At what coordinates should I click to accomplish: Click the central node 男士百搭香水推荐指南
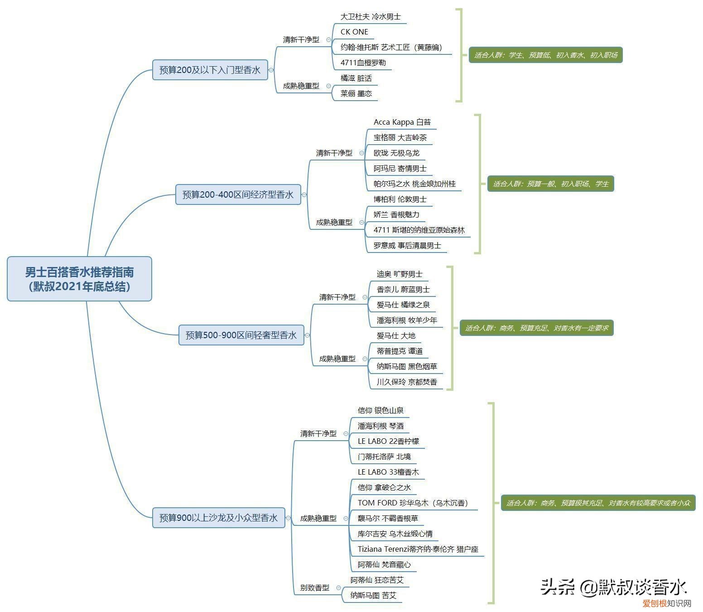click(79, 279)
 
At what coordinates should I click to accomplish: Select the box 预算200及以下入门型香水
click(210, 70)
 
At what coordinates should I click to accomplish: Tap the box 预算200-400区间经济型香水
click(238, 194)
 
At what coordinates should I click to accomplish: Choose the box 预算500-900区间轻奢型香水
click(241, 335)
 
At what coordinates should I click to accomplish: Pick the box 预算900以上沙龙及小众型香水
click(218, 517)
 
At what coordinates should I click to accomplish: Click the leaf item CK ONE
click(354, 32)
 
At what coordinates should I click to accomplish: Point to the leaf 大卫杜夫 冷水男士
click(371, 16)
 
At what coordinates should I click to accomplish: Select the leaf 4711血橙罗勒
click(363, 63)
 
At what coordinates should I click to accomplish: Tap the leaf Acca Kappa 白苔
click(402, 122)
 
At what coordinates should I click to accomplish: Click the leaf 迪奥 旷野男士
click(399, 274)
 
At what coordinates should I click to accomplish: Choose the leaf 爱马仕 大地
click(396, 335)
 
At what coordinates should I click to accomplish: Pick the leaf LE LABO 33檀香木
click(388, 472)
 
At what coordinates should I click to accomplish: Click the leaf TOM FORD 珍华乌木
click(413, 503)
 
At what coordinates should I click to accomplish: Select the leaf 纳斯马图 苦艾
click(373, 596)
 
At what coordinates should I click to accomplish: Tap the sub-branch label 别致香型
click(315, 588)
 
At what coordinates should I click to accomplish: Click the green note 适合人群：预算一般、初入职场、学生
click(550, 184)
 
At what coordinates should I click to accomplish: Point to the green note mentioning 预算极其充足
click(598, 503)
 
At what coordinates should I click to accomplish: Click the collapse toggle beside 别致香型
click(338, 588)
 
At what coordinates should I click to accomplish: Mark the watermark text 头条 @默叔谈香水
click(613, 587)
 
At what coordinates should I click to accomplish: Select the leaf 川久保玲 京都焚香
click(407, 382)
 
